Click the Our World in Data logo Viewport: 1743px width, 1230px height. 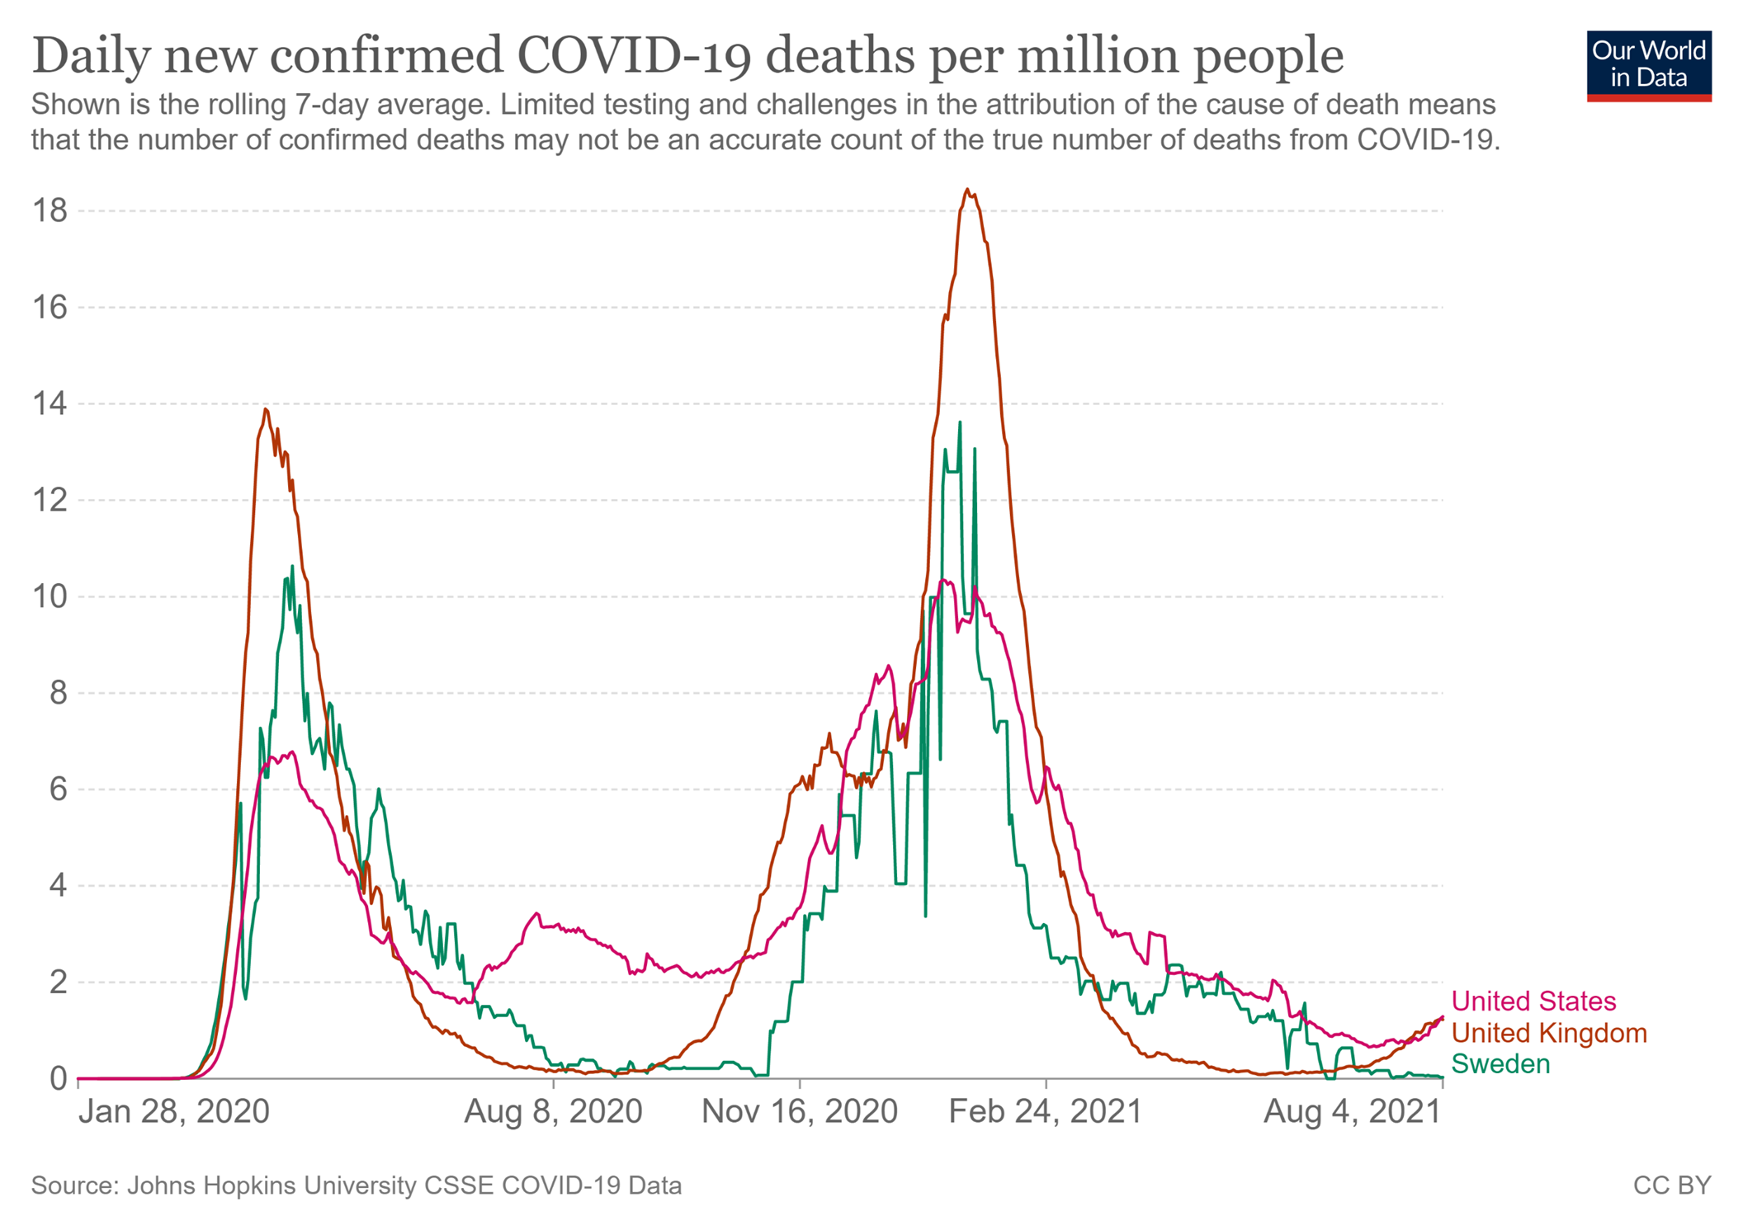pos(1648,65)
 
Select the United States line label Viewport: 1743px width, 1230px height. pos(1533,1001)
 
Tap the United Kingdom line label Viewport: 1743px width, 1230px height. pos(1548,1032)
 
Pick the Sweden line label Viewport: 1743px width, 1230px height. pos(1500,1063)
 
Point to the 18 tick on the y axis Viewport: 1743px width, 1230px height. pos(49,211)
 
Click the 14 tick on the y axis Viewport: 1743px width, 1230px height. pos(49,404)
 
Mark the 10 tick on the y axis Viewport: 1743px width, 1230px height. pos(49,596)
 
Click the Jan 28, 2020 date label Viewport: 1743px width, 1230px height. pos(173,1112)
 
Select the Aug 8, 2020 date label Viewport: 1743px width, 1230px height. pos(553,1112)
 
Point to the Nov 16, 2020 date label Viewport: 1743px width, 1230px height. pos(799,1112)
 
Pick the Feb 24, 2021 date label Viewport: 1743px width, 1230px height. pos(1045,1112)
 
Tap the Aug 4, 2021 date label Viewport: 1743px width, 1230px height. pos(1352,1112)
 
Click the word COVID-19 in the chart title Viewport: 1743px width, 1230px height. pos(635,56)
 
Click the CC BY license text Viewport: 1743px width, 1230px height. pos(1671,1185)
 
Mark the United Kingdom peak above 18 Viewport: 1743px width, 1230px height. pos(966,191)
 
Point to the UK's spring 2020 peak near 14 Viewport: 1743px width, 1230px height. pos(265,409)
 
